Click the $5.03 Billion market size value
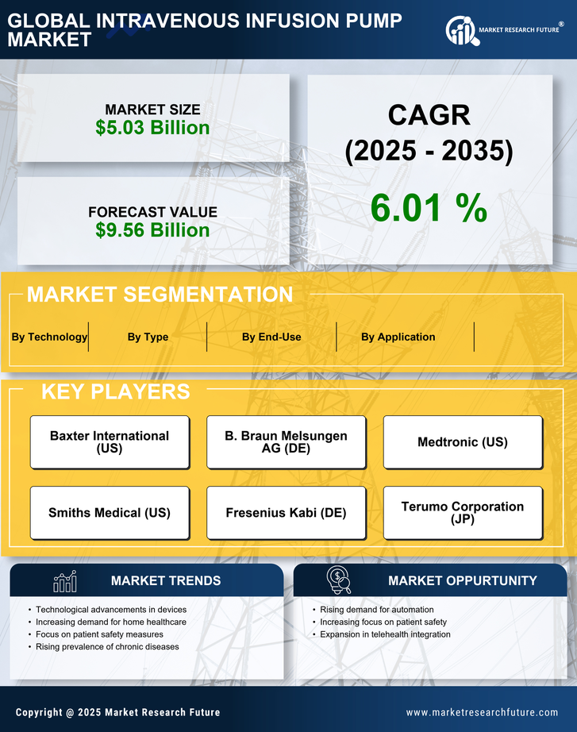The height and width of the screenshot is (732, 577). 152,128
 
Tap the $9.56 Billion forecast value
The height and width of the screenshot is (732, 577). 152,230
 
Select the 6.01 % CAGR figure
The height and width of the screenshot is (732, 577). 429,208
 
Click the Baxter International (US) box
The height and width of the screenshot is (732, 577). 110,442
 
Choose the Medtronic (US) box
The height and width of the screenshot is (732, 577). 463,442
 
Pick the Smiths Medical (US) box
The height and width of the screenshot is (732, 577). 110,513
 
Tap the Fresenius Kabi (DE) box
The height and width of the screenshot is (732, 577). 286,513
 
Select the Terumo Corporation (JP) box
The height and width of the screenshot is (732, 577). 463,513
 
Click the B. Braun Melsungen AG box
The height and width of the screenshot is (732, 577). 286,442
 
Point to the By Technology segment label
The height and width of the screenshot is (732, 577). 49,337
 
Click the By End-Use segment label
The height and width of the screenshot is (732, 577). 271,337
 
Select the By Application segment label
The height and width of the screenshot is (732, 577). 398,337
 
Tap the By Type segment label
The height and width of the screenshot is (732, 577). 148,337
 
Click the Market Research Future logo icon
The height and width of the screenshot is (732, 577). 461,31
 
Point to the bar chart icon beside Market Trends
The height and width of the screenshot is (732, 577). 65,581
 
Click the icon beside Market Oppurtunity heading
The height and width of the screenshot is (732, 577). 338,580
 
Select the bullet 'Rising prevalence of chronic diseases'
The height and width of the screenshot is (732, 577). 107,647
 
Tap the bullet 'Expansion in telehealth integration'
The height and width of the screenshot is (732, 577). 385,634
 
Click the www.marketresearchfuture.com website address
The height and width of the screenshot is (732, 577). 482,712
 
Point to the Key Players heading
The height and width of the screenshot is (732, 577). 115,391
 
